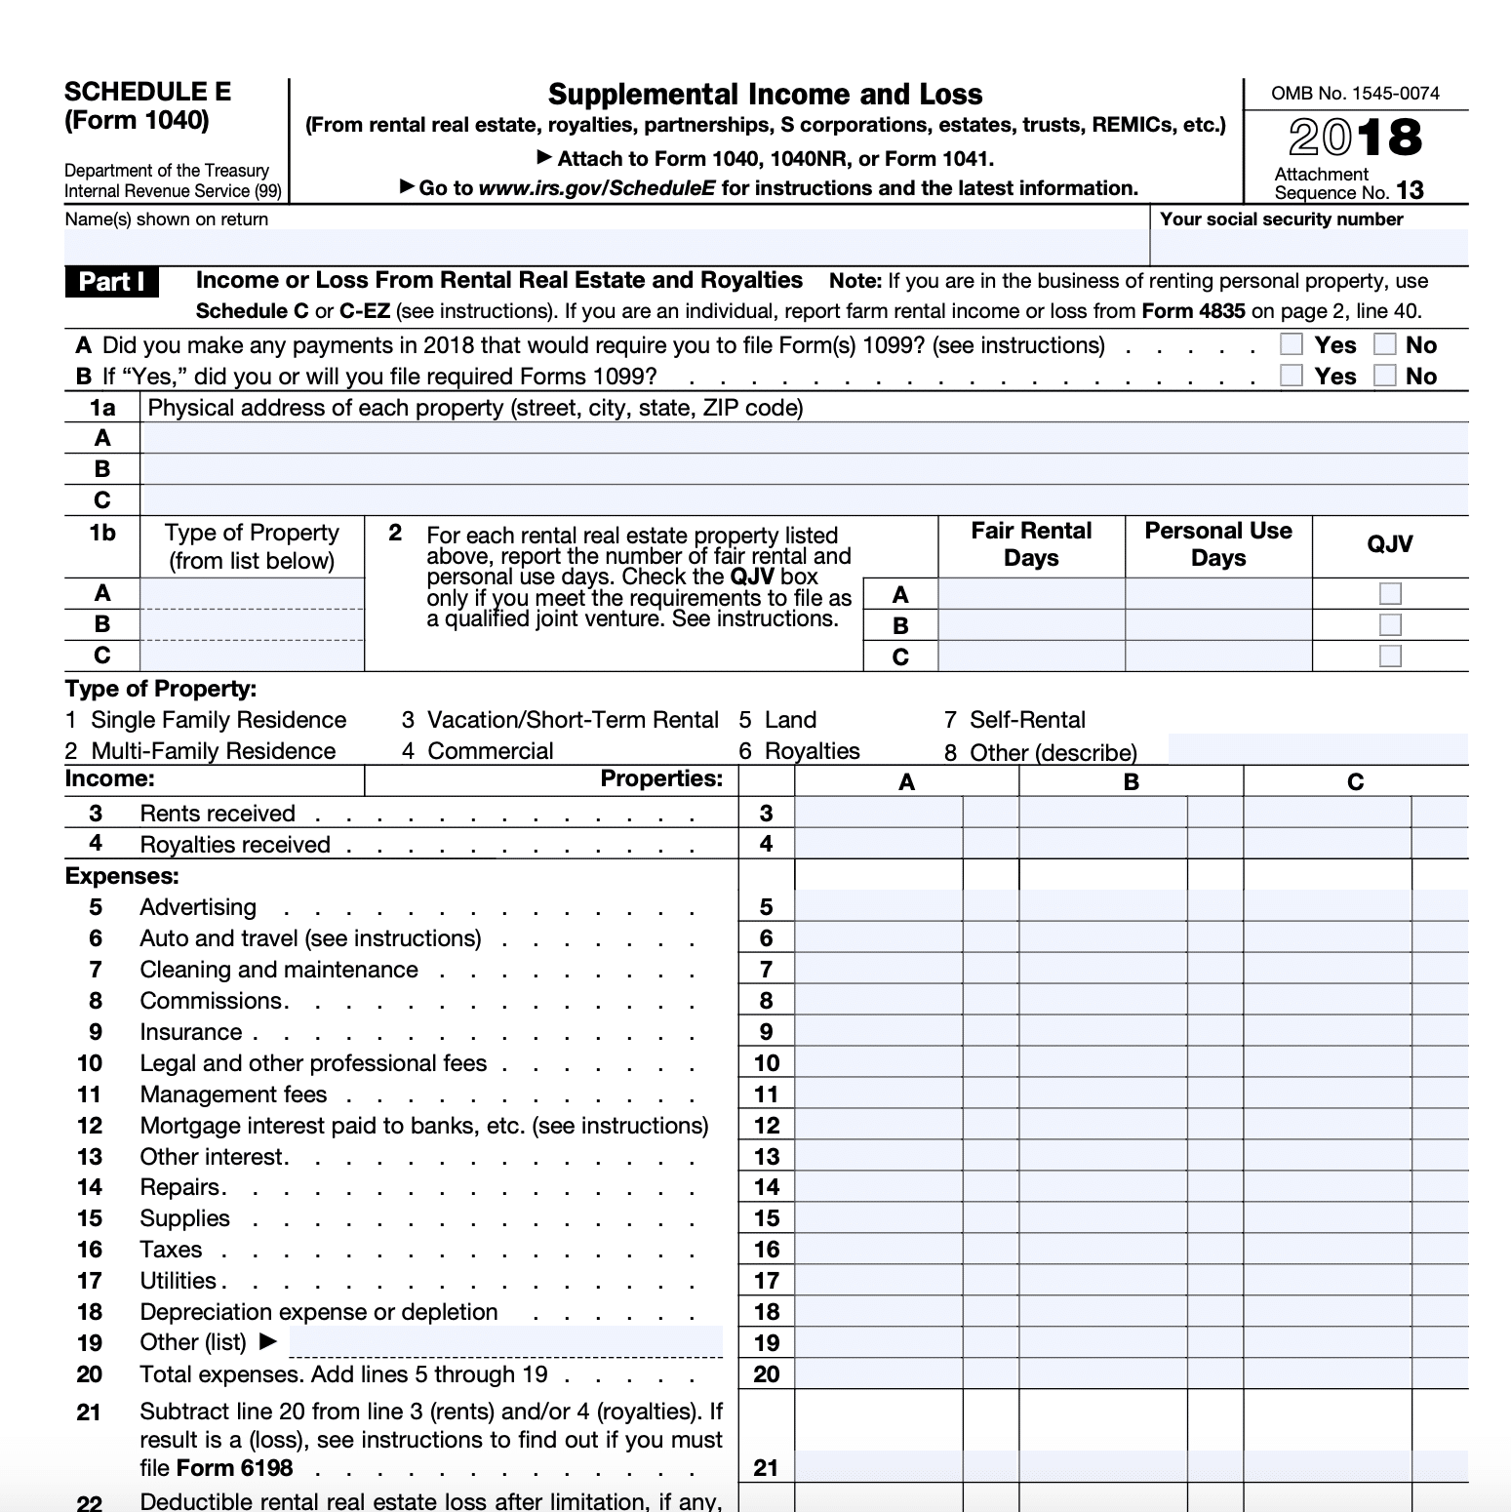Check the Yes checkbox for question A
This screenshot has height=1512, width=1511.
tap(1291, 344)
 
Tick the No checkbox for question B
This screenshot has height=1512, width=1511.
tap(1384, 376)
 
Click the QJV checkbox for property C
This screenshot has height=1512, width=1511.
tap(1390, 656)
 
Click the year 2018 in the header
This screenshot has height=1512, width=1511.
tap(1355, 138)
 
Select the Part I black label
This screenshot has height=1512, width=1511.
tap(111, 282)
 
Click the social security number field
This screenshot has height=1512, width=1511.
tap(1308, 248)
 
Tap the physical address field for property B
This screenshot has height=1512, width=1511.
tap(804, 469)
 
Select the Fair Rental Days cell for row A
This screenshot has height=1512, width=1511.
tap(1031, 594)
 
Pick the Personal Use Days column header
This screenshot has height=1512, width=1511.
tap(1217, 544)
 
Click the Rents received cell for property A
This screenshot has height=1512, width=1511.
tap(879, 814)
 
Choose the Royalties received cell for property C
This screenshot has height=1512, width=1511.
tap(1328, 845)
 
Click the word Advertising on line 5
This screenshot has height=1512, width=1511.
tap(198, 907)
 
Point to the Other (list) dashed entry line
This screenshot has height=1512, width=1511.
tap(505, 1342)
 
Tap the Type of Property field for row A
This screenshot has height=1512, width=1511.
tap(252, 593)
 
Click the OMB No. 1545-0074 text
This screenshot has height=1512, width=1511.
tap(1355, 94)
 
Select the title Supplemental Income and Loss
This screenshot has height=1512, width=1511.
tap(765, 95)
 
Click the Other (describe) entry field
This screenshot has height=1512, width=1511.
tap(1317, 749)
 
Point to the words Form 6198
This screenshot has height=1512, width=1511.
tap(234, 1468)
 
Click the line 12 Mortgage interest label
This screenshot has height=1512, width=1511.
tap(424, 1126)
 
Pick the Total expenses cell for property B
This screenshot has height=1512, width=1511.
tap(1103, 1374)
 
